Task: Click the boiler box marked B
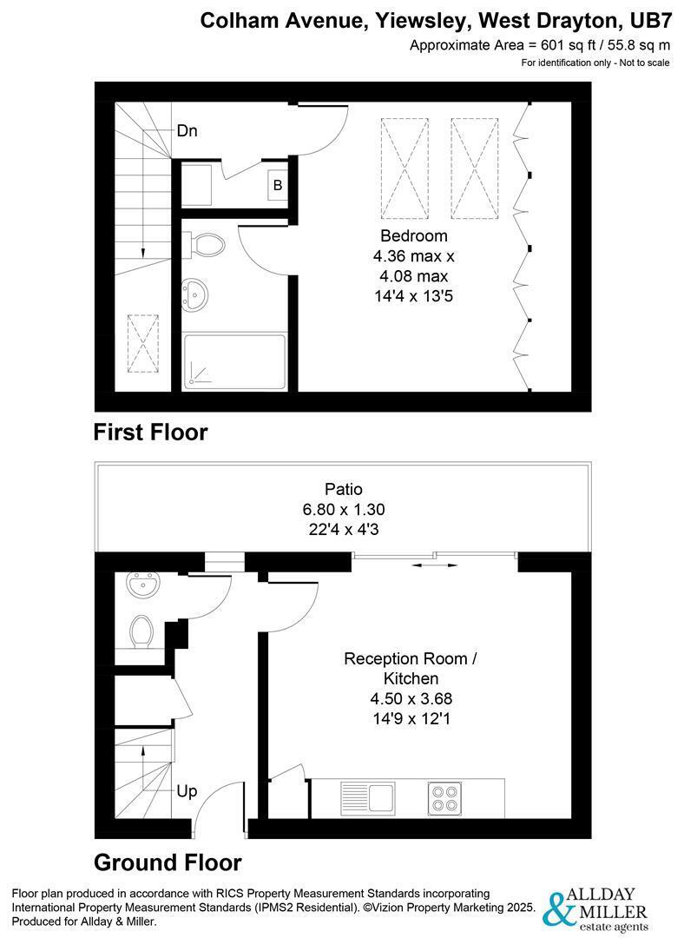(278, 185)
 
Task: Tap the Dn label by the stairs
(187, 130)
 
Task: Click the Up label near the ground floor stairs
(187, 791)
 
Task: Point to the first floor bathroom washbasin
(195, 294)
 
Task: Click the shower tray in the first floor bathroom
(234, 361)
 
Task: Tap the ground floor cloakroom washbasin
(143, 583)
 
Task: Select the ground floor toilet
(141, 631)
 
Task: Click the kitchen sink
(368, 797)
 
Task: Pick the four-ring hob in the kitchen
(444, 798)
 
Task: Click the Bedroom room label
(414, 235)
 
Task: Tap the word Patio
(344, 489)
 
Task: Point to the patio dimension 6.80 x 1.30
(344, 509)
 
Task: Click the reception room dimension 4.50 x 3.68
(411, 698)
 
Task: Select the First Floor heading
(151, 432)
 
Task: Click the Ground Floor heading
(168, 862)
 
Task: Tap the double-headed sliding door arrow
(435, 565)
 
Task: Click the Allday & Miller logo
(595, 910)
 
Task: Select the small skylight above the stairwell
(143, 343)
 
